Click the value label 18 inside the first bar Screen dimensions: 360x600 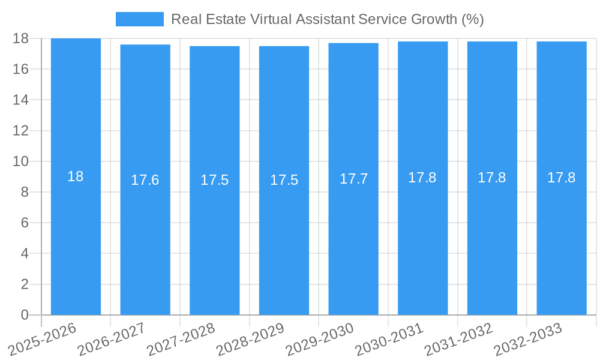pyautogui.click(x=76, y=176)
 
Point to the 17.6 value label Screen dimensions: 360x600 pyautogui.click(x=145, y=180)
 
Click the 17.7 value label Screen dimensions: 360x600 pyautogui.click(x=353, y=179)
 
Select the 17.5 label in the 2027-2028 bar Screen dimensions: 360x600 pyautogui.click(x=214, y=180)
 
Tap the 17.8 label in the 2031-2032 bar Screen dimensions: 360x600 pyautogui.click(x=492, y=178)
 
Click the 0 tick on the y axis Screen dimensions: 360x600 pyautogui.click(x=25, y=315)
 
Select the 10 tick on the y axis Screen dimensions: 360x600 pyautogui.click(x=21, y=161)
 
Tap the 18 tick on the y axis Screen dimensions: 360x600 pyautogui.click(x=21, y=39)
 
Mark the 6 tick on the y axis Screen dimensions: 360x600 pyautogui.click(x=25, y=223)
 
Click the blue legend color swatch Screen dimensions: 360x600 pyautogui.click(x=139, y=19)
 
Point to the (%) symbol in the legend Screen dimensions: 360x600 pyautogui.click(x=472, y=19)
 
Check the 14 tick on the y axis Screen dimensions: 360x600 pyautogui.click(x=21, y=100)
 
